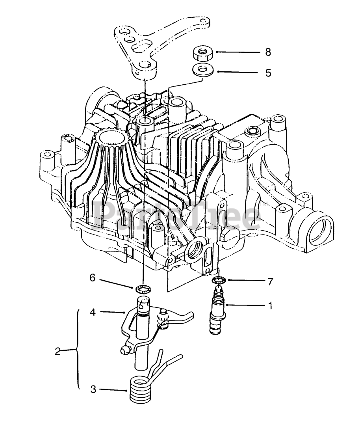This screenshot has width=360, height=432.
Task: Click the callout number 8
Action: pos(268,52)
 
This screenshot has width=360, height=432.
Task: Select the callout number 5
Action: pos(268,73)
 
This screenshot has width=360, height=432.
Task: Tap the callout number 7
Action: pos(270,281)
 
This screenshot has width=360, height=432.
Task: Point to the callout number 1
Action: pos(270,305)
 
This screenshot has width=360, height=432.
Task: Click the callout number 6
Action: pos(93,278)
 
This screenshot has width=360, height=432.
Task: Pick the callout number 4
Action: pos(93,313)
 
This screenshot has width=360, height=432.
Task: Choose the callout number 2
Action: pos(58,351)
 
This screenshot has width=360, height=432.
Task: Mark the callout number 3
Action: pos(93,389)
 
